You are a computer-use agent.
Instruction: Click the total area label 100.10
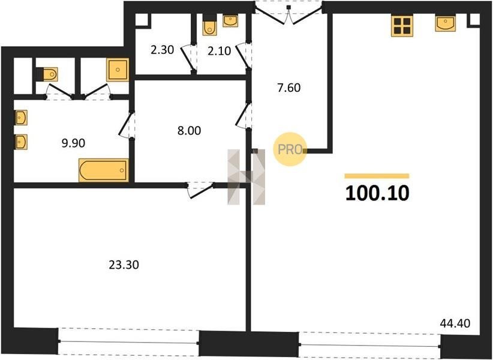click(377, 193)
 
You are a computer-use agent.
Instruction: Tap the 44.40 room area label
click(455, 323)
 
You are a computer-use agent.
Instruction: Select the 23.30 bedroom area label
click(124, 265)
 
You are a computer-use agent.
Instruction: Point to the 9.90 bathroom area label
click(73, 143)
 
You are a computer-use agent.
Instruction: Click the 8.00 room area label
click(189, 130)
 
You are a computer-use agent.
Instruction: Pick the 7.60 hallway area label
click(289, 88)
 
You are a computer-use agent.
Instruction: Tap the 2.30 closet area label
click(163, 50)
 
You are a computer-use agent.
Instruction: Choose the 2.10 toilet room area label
click(219, 50)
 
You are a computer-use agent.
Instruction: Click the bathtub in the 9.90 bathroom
click(104, 170)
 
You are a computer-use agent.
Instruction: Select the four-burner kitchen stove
click(402, 26)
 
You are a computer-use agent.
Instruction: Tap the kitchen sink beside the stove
click(446, 23)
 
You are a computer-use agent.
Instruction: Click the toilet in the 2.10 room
click(209, 25)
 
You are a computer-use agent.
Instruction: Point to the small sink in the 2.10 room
click(230, 21)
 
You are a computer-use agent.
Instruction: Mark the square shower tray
click(118, 70)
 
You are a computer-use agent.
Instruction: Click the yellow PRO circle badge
click(290, 149)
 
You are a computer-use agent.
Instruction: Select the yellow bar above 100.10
click(377, 176)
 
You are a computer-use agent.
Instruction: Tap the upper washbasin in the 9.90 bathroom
click(21, 118)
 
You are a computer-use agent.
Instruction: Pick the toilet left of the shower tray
click(47, 74)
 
